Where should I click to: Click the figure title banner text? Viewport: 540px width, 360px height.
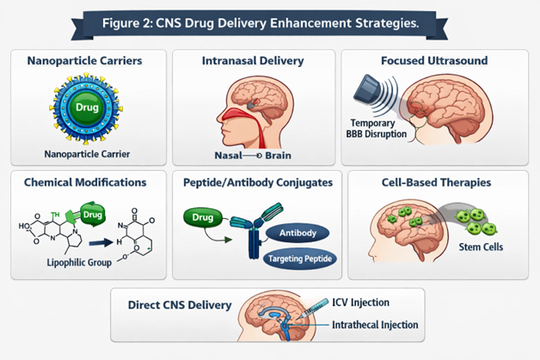269,21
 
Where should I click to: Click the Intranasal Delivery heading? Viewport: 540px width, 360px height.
254,62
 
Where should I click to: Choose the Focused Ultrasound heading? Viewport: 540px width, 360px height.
433,62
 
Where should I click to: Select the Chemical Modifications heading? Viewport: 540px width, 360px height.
86,182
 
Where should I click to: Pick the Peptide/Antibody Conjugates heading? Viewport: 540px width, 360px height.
257,182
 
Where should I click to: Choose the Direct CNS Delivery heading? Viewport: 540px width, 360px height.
180,304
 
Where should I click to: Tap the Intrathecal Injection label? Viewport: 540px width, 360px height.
375,325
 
